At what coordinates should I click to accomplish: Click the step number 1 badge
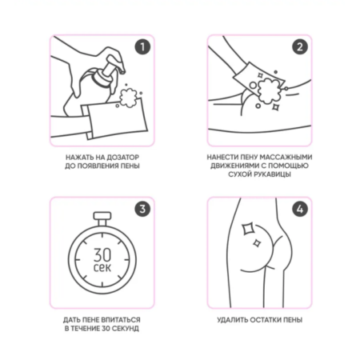142,46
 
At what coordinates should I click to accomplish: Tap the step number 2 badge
300,46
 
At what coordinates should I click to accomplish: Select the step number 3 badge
142,209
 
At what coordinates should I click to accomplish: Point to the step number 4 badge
300,209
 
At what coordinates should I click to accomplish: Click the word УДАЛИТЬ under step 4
232,320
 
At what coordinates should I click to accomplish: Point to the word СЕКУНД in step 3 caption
125,328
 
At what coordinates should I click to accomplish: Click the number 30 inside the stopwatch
102,255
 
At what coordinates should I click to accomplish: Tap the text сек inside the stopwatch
102,267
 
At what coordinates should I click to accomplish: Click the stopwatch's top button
102,216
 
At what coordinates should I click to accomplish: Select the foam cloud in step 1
128,98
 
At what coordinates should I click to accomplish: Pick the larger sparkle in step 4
248,229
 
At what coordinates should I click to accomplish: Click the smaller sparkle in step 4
257,243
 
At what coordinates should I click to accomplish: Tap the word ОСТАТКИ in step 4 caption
264,320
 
